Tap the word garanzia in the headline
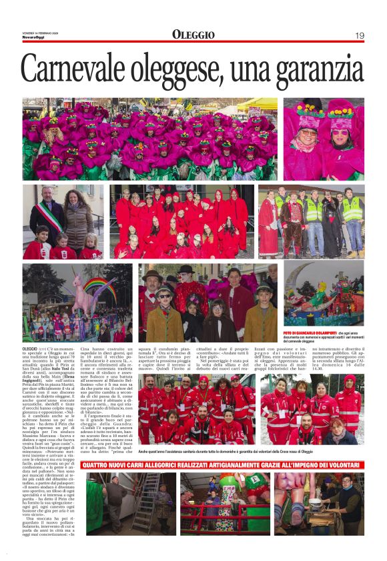point(314,69)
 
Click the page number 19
point(359,35)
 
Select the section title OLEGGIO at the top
point(193,35)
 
